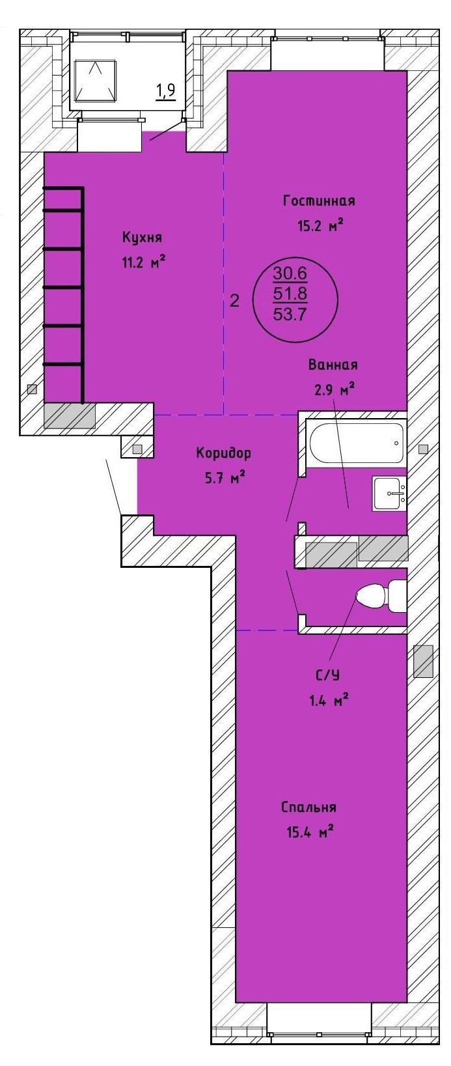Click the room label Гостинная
pyautogui.click(x=319, y=201)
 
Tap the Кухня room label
pyautogui.click(x=142, y=237)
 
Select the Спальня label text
pyautogui.click(x=308, y=807)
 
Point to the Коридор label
pyautogui.click(x=223, y=453)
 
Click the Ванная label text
pyautogui.click(x=333, y=365)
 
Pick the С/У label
pyautogui.click(x=328, y=675)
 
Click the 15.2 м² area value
pyautogui.click(x=321, y=225)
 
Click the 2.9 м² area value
pyautogui.click(x=334, y=390)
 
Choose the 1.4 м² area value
pyautogui.click(x=329, y=700)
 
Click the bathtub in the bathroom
pyautogui.click(x=357, y=443)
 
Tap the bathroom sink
pyautogui.click(x=390, y=494)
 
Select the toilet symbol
pyautogui.click(x=381, y=595)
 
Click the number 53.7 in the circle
pyautogui.click(x=290, y=315)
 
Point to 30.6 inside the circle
pyautogui.click(x=290, y=273)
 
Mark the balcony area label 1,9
pyautogui.click(x=165, y=91)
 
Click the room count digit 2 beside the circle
pyautogui.click(x=234, y=301)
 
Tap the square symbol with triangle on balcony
pyautogui.click(x=96, y=81)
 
